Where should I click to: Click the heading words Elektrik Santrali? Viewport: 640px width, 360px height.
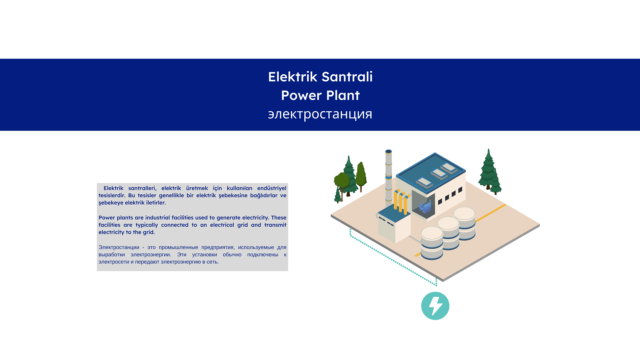(320, 77)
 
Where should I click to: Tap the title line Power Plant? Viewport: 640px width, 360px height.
(320, 95)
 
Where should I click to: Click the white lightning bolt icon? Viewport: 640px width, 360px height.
(435, 306)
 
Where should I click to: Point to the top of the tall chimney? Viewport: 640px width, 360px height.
(389, 152)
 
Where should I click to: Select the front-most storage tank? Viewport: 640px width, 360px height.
(432, 243)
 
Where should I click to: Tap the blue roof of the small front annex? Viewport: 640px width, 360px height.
(394, 213)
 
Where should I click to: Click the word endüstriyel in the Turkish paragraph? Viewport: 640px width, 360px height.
(272, 188)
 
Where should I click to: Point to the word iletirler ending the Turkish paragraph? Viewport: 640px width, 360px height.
(156, 203)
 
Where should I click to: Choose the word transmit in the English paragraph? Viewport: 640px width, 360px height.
(275, 225)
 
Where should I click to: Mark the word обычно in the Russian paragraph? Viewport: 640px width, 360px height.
(232, 255)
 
